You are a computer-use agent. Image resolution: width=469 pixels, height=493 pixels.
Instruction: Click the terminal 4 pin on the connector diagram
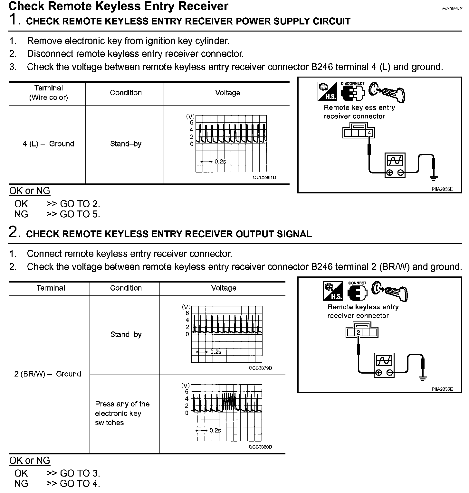click(369, 133)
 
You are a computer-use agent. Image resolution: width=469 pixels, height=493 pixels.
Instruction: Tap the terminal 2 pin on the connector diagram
click(358, 333)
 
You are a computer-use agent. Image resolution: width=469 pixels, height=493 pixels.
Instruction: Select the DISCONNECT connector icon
click(353, 92)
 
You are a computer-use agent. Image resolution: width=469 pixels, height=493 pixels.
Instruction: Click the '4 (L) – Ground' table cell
click(48, 144)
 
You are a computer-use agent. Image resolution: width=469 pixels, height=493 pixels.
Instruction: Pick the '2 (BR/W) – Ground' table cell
click(48, 374)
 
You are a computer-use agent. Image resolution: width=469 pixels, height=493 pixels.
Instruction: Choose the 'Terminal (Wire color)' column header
click(48, 93)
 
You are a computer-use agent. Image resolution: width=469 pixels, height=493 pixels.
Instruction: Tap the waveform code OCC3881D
click(264, 177)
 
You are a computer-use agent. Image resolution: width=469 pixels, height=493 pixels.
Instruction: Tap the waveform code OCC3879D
click(260, 368)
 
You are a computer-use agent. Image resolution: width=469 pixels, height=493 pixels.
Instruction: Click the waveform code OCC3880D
click(260, 447)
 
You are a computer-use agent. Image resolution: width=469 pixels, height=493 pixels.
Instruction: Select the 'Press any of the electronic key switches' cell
click(122, 413)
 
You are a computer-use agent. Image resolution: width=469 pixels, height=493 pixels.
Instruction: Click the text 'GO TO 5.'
click(80, 214)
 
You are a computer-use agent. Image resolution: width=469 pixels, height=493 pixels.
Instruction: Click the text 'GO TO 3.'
click(80, 473)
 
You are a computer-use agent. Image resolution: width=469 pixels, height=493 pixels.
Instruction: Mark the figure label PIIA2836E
click(442, 389)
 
